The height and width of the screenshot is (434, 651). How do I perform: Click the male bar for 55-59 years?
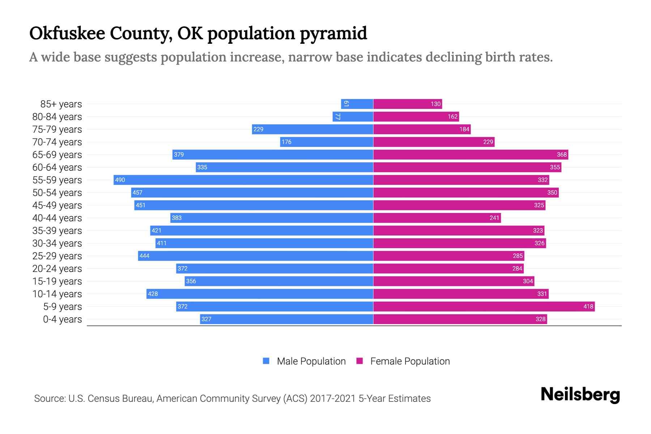click(243, 180)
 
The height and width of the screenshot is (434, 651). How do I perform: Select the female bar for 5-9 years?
click(484, 306)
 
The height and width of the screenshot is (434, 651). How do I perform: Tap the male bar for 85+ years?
click(357, 104)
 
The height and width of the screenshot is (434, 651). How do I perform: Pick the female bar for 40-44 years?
click(437, 218)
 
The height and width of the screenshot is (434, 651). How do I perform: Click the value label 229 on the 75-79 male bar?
click(258, 129)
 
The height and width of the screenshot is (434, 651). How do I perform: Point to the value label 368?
click(562, 154)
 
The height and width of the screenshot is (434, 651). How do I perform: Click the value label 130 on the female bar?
click(435, 104)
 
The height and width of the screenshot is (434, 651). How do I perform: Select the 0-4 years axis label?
click(62, 319)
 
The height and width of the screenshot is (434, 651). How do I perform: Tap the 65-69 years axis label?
click(57, 155)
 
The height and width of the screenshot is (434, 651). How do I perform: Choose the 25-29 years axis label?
click(57, 256)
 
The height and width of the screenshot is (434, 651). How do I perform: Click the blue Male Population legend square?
click(266, 361)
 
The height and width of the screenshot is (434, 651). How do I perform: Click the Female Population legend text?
click(410, 361)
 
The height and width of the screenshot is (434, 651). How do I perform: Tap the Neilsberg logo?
click(580, 395)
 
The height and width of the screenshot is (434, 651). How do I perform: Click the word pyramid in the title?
click(333, 34)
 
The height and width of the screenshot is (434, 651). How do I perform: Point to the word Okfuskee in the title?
click(67, 33)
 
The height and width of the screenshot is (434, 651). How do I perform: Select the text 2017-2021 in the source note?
click(333, 399)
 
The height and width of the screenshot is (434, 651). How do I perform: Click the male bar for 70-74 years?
click(327, 142)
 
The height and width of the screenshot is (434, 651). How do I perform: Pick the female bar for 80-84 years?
click(416, 116)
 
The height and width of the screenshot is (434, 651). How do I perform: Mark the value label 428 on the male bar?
click(153, 294)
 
